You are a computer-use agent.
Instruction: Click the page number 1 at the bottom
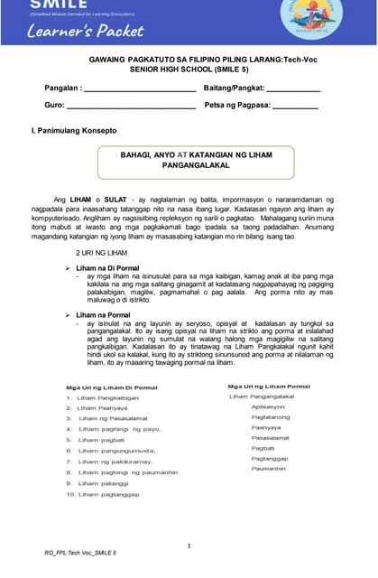coord(189,545)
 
